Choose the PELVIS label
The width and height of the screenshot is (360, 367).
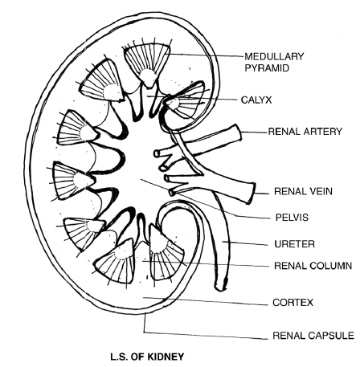(290, 217)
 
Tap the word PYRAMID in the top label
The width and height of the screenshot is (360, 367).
(268, 69)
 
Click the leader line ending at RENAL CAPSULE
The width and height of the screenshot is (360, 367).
(209, 336)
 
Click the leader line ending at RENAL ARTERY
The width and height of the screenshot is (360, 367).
(253, 131)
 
